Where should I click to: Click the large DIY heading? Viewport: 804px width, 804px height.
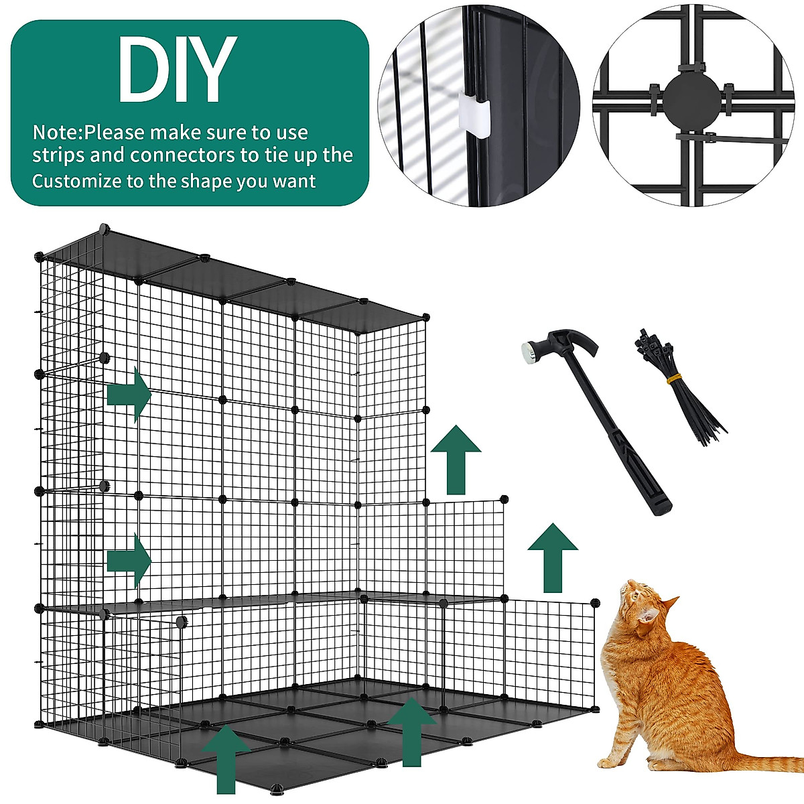176,70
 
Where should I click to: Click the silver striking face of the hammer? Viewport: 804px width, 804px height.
528,351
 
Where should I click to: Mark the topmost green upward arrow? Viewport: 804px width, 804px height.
456,460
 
